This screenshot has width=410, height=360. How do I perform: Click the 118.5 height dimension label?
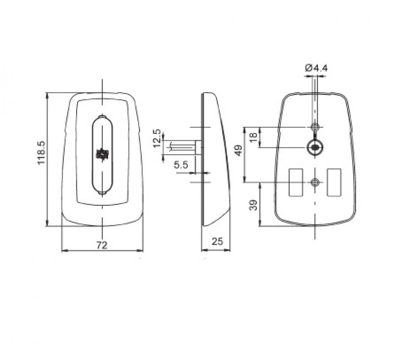click(x=42, y=153)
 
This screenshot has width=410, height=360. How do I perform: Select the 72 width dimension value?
click(x=102, y=245)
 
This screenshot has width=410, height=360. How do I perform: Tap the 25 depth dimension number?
click(x=217, y=241)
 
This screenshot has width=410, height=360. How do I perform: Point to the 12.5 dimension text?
click(x=157, y=138)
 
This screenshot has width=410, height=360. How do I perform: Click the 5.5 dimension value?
click(x=181, y=165)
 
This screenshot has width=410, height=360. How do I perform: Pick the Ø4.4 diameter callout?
click(x=316, y=68)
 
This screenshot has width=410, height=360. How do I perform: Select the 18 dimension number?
click(x=253, y=137)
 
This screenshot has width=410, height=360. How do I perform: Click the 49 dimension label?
click(x=239, y=150)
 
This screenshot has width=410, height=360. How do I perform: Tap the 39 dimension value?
click(x=253, y=205)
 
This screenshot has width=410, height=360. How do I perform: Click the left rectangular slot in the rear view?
click(x=296, y=182)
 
